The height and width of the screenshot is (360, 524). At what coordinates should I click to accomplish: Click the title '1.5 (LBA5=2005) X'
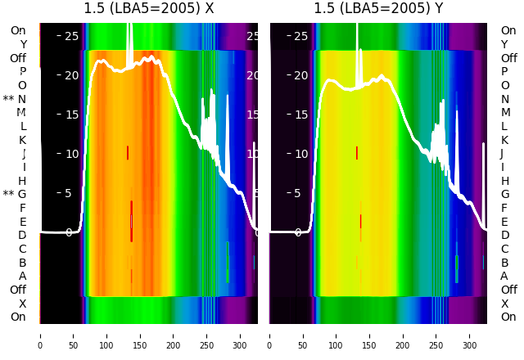click(x=149, y=9)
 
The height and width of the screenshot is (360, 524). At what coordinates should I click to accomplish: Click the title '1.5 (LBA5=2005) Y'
click(x=378, y=9)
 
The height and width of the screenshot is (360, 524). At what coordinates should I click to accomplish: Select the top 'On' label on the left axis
click(x=17, y=31)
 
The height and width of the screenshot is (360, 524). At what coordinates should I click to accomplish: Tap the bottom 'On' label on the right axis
click(x=508, y=317)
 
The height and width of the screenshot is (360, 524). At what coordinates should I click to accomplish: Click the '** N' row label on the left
click(x=15, y=99)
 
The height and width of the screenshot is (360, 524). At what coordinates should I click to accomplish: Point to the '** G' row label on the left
click(x=15, y=195)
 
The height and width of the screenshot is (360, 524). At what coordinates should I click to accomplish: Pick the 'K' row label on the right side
click(x=504, y=140)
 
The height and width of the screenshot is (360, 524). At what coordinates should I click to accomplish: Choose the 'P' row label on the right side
click(x=504, y=72)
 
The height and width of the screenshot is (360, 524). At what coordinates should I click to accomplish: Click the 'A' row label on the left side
click(x=22, y=277)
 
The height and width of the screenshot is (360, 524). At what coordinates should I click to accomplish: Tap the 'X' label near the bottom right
click(x=504, y=304)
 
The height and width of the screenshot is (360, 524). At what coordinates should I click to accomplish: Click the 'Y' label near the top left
click(x=23, y=44)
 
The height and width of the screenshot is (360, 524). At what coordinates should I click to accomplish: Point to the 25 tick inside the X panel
click(x=71, y=36)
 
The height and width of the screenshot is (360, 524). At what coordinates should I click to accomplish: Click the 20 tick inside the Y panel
click(x=300, y=75)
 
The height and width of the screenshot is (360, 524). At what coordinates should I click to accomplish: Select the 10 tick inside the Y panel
click(x=300, y=154)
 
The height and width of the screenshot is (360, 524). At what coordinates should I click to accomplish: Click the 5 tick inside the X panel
click(x=69, y=193)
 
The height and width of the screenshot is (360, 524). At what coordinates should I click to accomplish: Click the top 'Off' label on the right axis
click(x=508, y=58)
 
